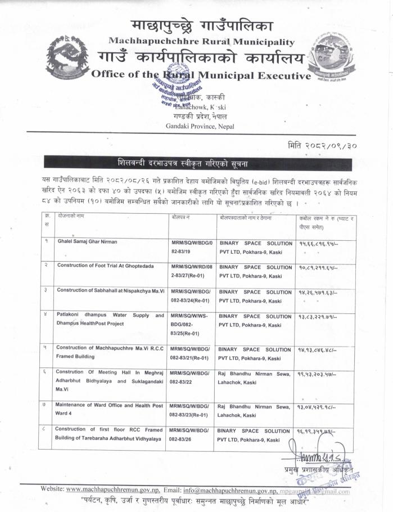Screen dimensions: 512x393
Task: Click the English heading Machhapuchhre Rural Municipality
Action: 201,42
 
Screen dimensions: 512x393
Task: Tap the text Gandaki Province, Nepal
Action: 200,126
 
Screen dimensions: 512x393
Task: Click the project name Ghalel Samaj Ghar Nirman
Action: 87,241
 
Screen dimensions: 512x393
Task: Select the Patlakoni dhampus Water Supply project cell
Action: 110,320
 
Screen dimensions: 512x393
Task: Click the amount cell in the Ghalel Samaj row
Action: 319,243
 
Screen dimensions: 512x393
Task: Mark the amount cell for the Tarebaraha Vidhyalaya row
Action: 319,431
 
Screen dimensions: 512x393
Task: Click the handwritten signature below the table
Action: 324,460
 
